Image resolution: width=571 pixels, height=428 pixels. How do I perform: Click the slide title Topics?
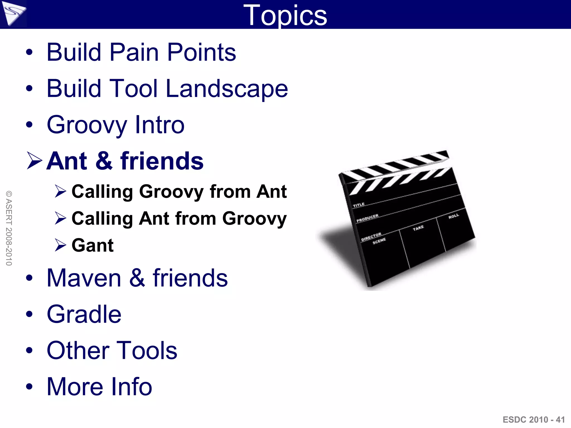(x=285, y=15)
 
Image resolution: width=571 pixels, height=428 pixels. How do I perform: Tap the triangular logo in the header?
(x=13, y=13)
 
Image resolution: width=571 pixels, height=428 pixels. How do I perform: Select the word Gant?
(x=92, y=245)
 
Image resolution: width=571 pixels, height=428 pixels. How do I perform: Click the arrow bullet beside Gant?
(x=60, y=245)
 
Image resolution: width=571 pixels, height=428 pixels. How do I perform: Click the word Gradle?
(x=84, y=314)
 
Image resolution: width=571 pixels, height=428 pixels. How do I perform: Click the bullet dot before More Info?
(x=29, y=386)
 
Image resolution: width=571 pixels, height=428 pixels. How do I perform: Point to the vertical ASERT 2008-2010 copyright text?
(x=9, y=228)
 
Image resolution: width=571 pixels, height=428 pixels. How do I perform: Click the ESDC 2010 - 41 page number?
(x=533, y=420)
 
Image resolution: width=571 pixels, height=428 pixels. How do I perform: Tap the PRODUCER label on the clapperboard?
(x=367, y=218)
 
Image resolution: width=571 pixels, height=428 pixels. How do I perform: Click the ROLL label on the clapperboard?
(x=453, y=216)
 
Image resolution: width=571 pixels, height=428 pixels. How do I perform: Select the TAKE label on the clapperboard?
(x=418, y=228)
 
